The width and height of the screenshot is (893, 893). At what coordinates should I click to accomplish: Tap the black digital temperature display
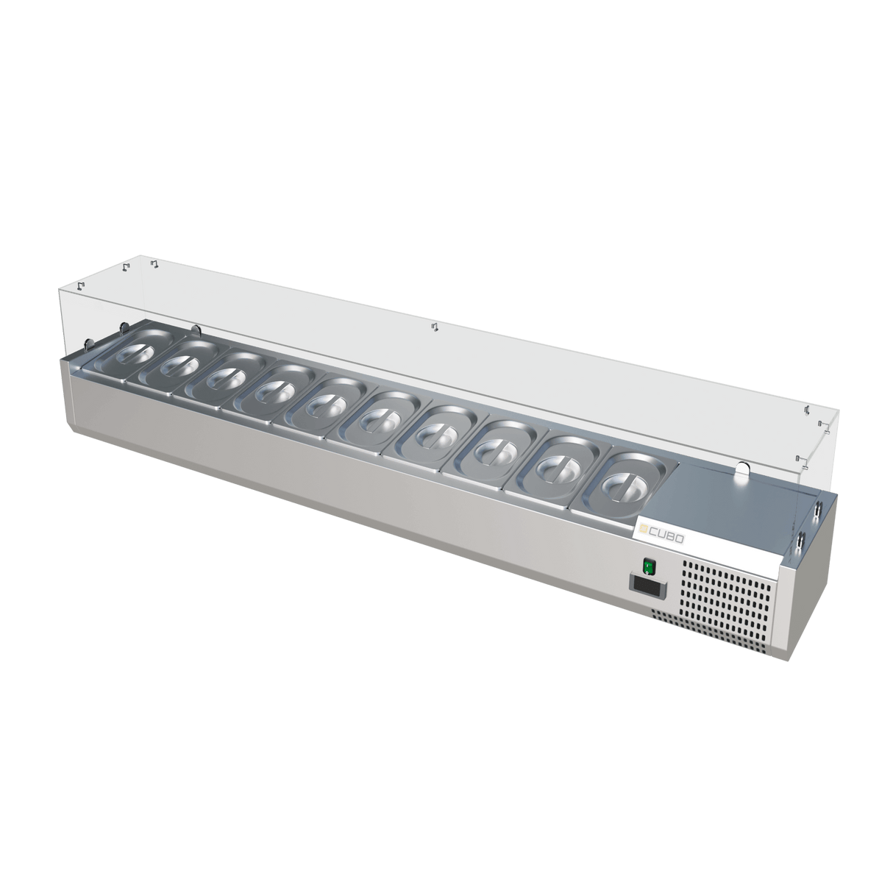tap(646, 586)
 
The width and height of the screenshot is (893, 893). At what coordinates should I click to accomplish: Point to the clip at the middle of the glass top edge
tap(434, 326)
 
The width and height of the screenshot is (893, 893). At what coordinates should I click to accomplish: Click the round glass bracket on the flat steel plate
tap(741, 468)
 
